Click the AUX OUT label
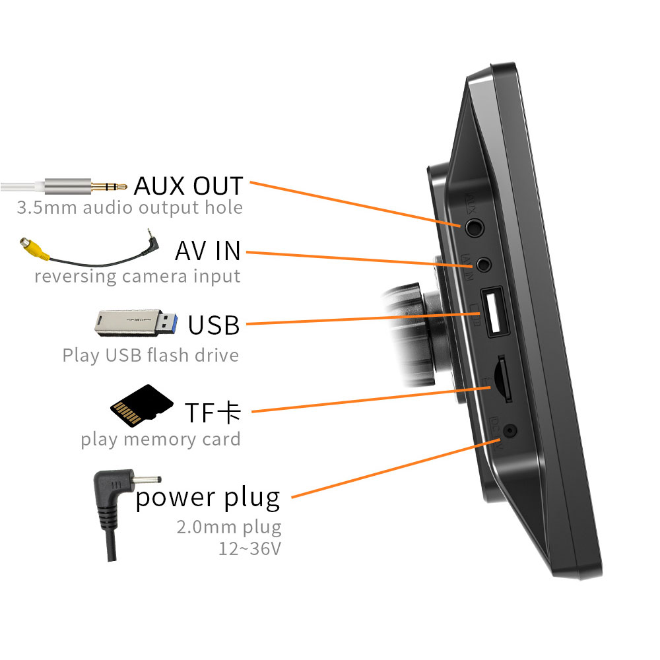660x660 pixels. point(188,185)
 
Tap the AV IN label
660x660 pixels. point(208,251)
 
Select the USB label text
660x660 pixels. point(213,325)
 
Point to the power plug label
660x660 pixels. point(208,498)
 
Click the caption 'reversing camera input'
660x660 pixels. point(137,276)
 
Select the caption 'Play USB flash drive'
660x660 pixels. point(150,356)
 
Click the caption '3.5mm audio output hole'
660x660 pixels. point(129,208)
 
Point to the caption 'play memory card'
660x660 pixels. point(160,440)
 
